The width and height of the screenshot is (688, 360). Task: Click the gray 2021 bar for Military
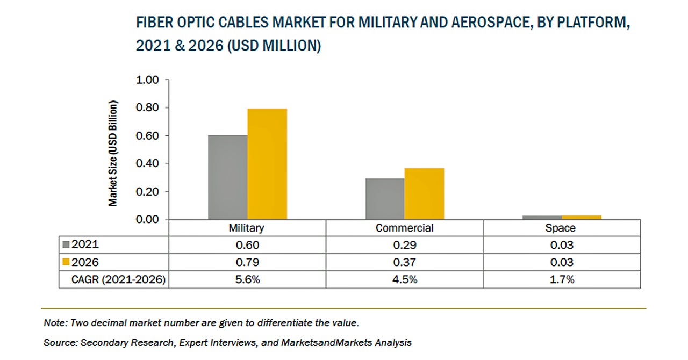tap(228, 177)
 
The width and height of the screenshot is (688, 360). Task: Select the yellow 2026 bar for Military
tap(267, 164)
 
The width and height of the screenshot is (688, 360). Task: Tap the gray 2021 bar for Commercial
tap(385, 199)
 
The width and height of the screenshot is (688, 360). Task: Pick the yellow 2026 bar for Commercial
tap(424, 193)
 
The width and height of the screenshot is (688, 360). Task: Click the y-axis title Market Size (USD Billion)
tap(113, 153)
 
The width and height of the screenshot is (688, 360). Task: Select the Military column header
tap(247, 228)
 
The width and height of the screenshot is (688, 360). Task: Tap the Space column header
tap(561, 228)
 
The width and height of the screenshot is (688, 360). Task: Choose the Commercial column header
tap(404, 228)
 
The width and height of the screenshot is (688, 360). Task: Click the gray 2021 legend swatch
tap(67, 244)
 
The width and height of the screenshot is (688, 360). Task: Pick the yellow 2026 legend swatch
tap(67, 262)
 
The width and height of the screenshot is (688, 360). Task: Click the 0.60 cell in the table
tap(247, 245)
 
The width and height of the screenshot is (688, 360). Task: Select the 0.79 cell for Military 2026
tap(247, 262)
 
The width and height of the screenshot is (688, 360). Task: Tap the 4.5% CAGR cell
tap(404, 279)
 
